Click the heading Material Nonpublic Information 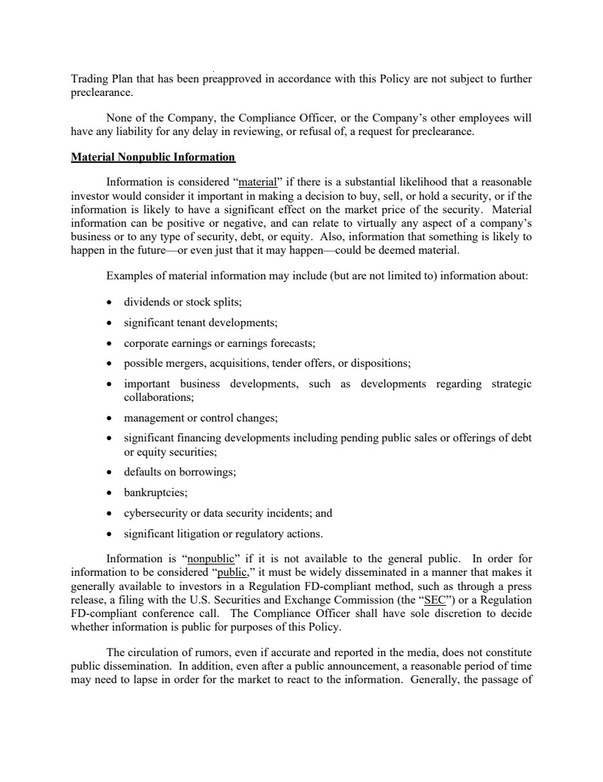point(153,156)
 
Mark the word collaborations point(153,399)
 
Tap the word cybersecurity point(156,513)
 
